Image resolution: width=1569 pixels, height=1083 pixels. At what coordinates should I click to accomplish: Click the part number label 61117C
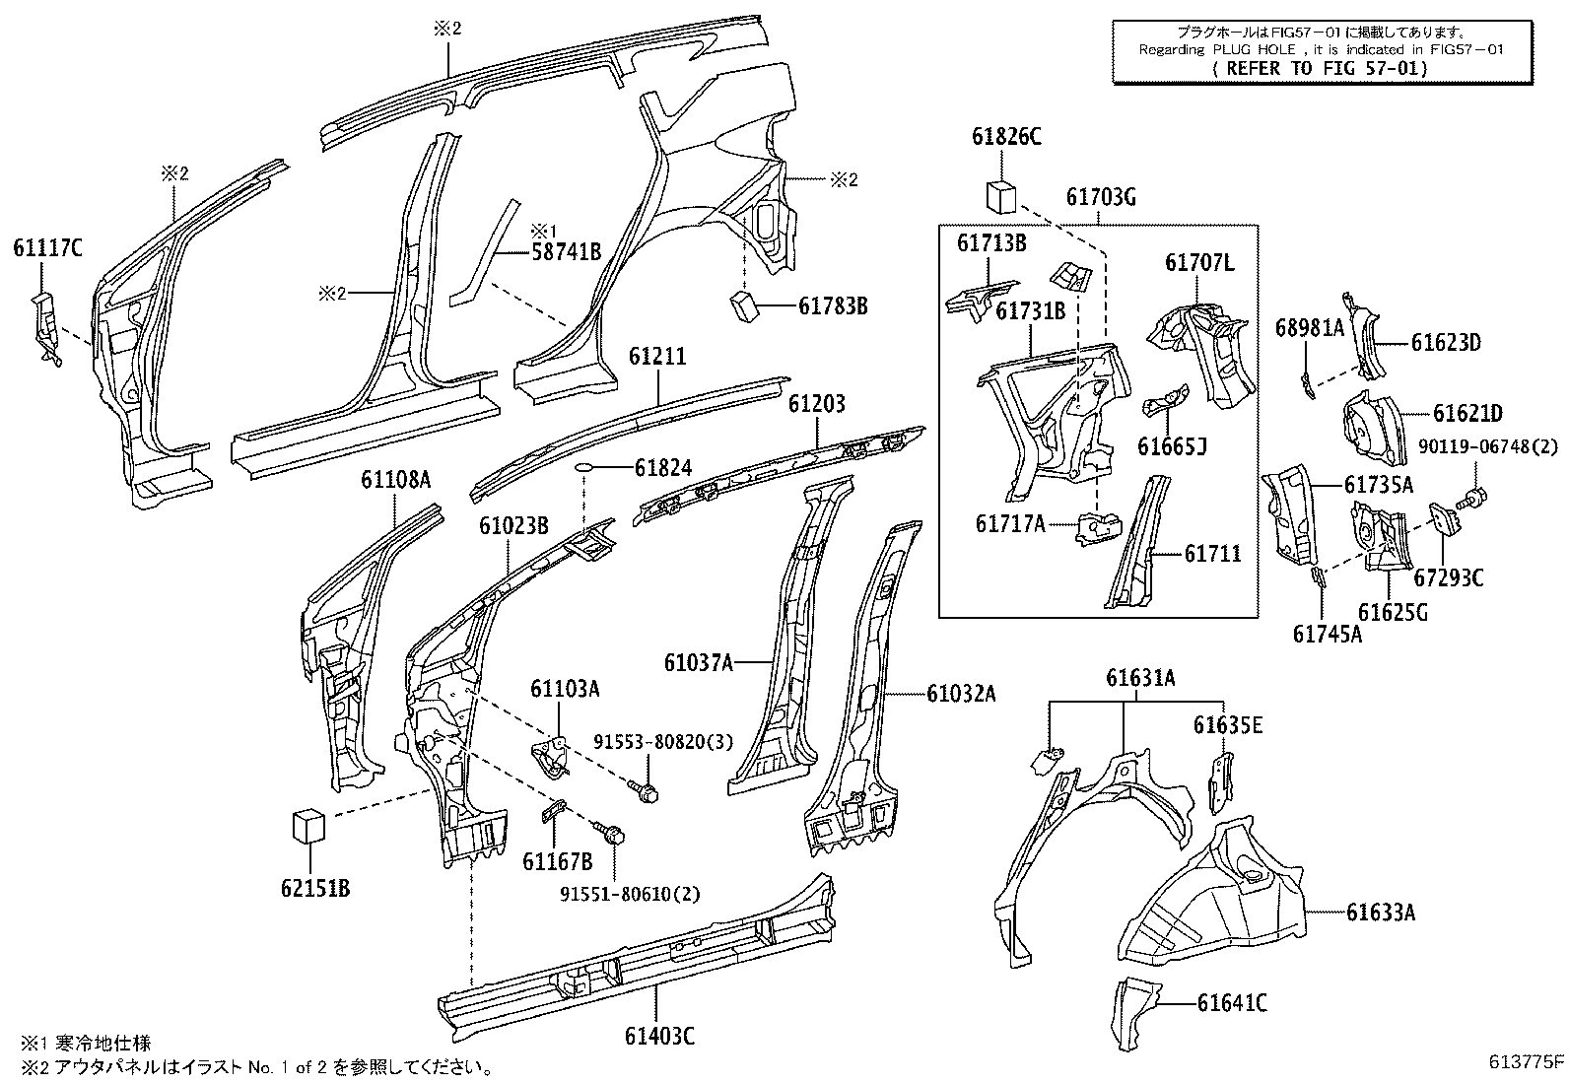click(x=47, y=247)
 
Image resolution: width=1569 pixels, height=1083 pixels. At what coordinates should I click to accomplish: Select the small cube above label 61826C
click(x=1001, y=196)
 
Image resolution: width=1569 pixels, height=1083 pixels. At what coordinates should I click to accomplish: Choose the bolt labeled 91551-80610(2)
click(x=612, y=837)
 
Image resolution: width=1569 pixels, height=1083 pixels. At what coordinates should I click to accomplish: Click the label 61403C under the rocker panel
click(x=659, y=1036)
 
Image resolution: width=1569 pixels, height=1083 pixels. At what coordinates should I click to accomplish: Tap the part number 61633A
click(x=1381, y=914)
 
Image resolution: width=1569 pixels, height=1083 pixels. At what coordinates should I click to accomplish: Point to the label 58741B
click(x=567, y=251)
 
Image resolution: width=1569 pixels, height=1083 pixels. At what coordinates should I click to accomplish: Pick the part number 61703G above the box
click(x=1101, y=198)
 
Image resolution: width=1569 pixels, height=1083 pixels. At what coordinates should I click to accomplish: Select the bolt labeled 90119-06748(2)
click(x=1475, y=499)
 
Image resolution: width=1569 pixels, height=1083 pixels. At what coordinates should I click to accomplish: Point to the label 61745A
click(x=1327, y=634)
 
